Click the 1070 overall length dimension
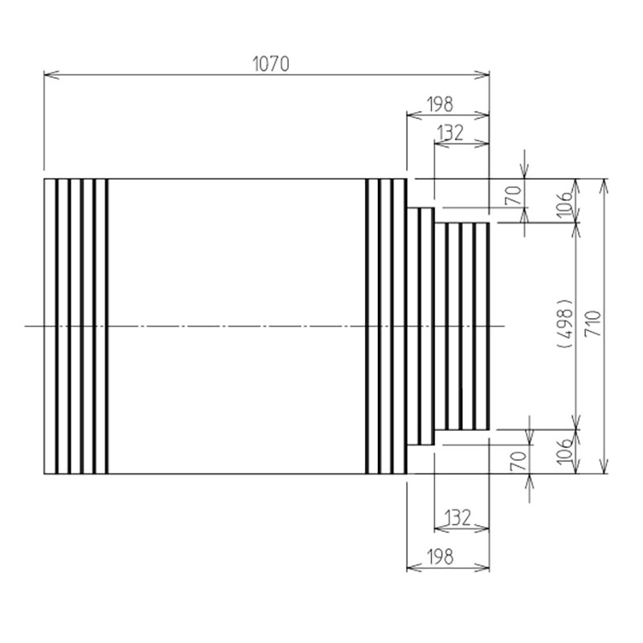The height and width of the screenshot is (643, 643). point(271,64)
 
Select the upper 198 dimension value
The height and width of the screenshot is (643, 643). point(440,104)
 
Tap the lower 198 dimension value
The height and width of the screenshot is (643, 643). point(440,557)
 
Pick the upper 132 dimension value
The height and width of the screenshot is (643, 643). point(450,133)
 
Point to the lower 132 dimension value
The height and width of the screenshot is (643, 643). point(457,518)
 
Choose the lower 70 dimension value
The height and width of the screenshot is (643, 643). point(518,461)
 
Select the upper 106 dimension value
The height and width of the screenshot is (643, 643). point(565,203)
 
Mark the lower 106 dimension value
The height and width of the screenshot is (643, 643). point(565,451)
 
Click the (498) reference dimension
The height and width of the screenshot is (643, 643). point(566,323)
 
